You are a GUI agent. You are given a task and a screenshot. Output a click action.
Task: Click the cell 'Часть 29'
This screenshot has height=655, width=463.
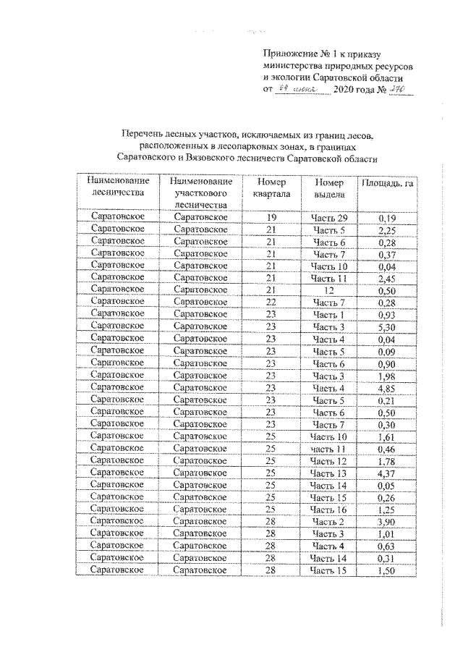pyautogui.click(x=330, y=218)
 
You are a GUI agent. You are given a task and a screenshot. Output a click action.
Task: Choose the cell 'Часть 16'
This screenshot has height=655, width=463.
pyautogui.click(x=330, y=509)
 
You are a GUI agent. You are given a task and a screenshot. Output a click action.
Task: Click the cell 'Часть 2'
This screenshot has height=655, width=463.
pyautogui.click(x=330, y=521)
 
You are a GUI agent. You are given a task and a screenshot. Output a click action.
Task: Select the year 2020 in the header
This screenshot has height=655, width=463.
pyautogui.click(x=345, y=90)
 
